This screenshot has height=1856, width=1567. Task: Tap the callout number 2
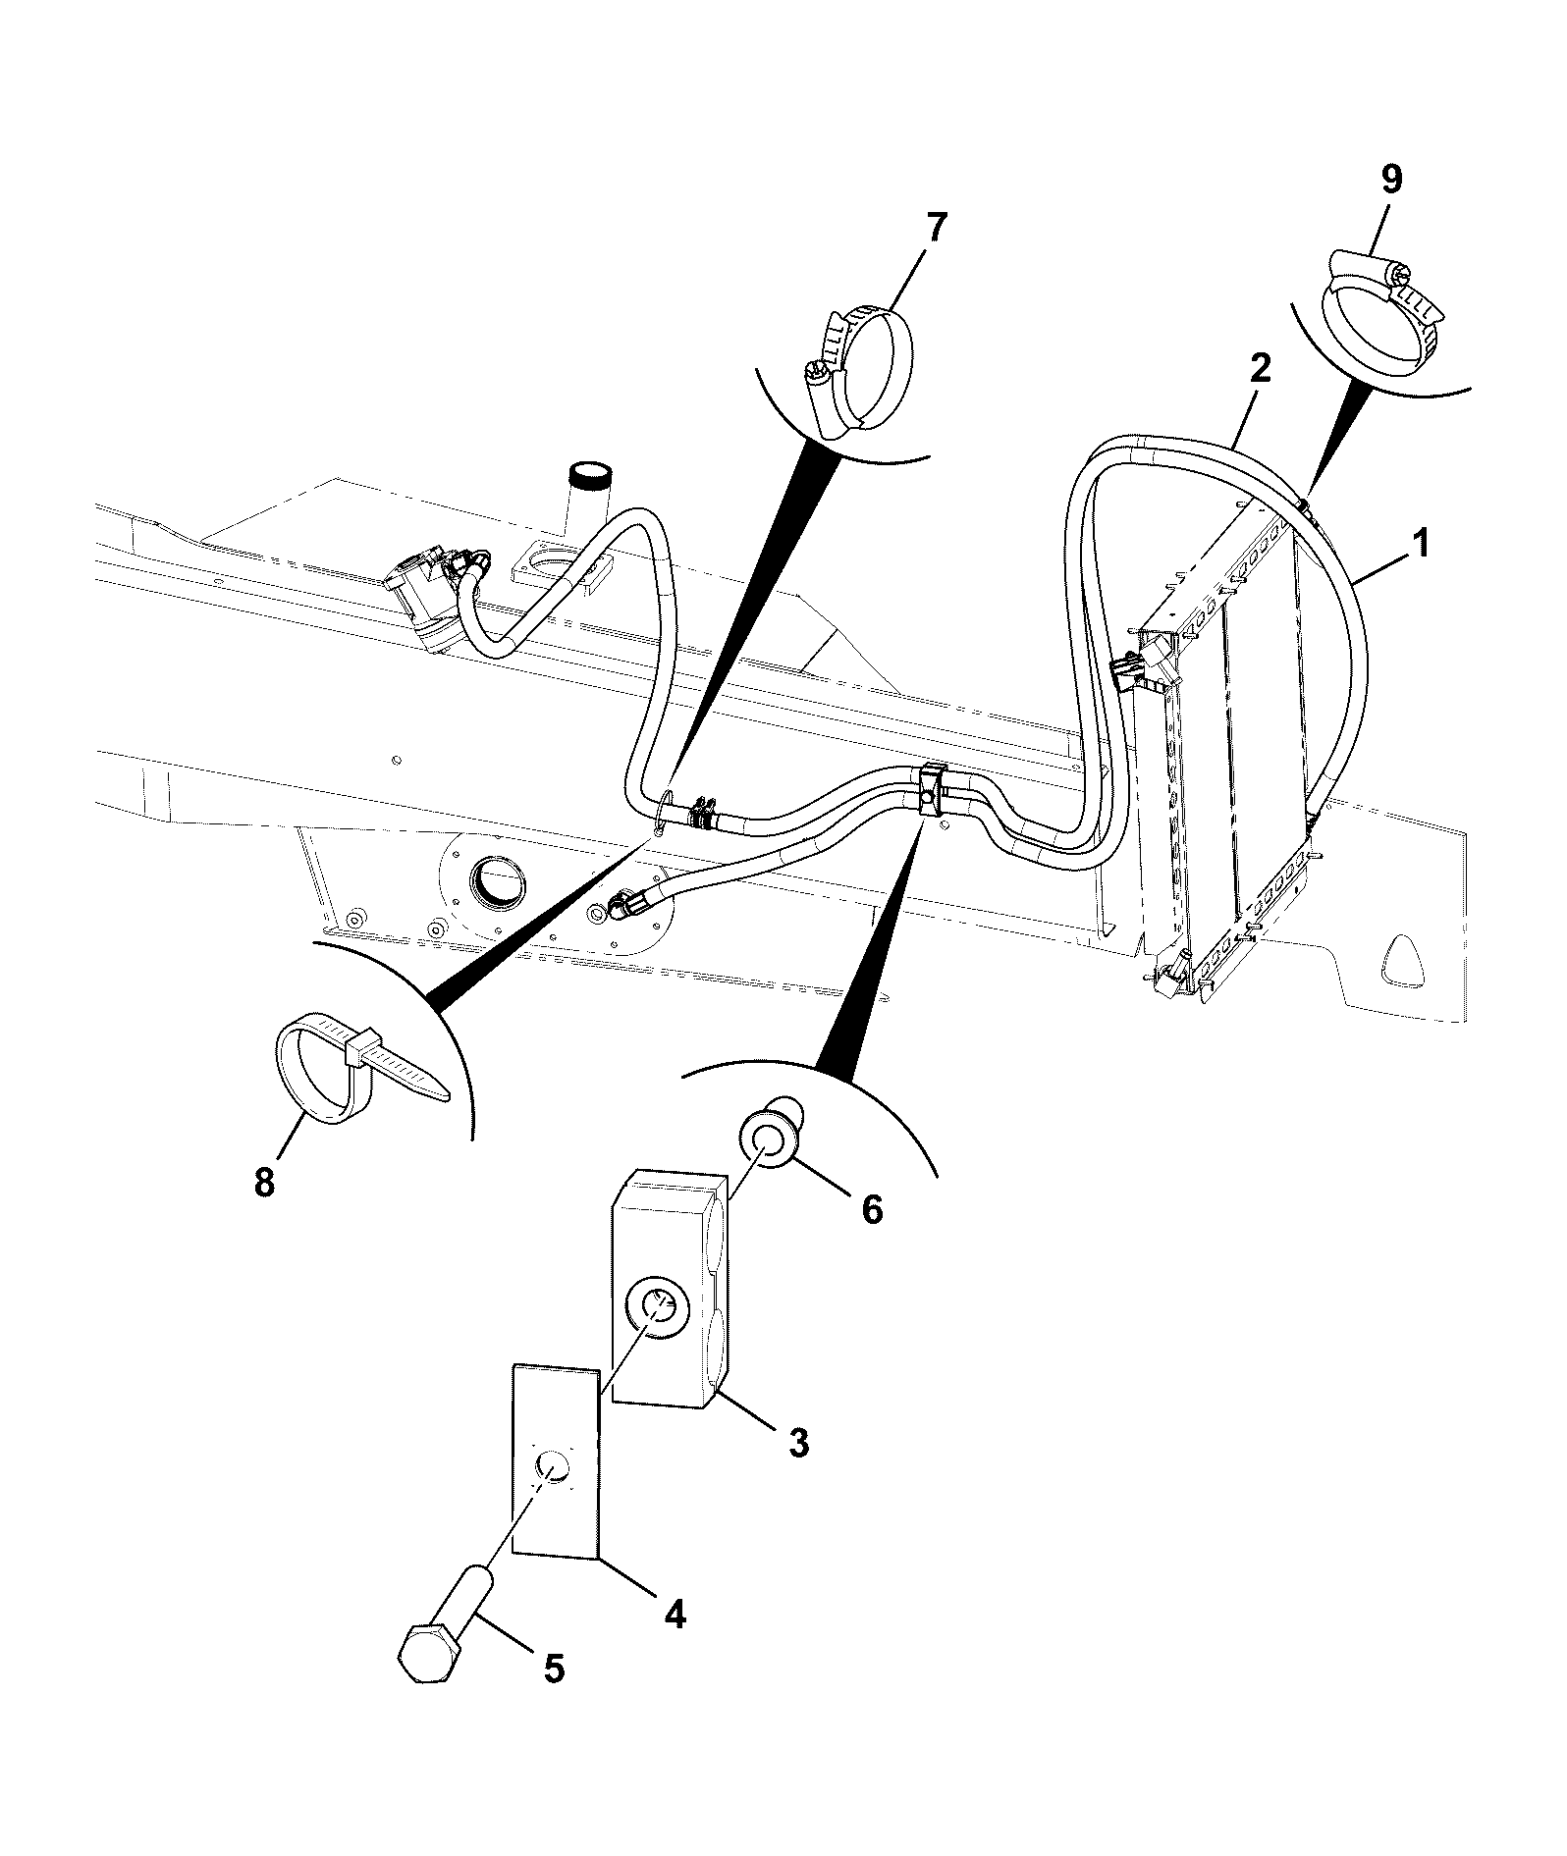click(x=1260, y=369)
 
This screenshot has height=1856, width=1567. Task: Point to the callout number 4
click(x=674, y=1613)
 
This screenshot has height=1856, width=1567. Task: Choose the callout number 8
click(x=264, y=1182)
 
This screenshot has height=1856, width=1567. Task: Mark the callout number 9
click(x=1391, y=180)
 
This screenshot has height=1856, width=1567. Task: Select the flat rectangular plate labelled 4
click(x=556, y=1472)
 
